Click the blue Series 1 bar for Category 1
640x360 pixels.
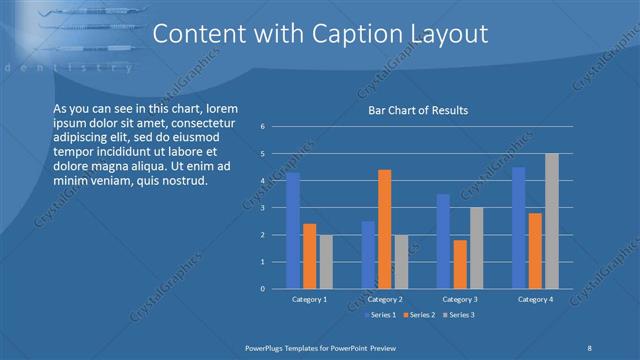tap(293, 231)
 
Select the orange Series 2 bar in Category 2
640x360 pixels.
tap(384, 229)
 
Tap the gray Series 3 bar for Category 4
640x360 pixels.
tap(551, 221)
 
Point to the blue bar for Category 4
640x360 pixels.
tap(519, 228)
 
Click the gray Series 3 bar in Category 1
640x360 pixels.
tap(325, 262)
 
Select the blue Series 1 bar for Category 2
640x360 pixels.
tap(368, 255)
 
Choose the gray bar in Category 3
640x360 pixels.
tap(476, 248)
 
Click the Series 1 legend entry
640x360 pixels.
tap(382, 315)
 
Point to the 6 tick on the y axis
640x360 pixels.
tap(262, 127)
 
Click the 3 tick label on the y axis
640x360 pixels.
tap(262, 208)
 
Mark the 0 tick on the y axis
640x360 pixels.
tap(262, 289)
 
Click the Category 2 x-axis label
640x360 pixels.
tap(384, 299)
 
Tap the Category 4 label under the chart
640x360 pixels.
tap(535, 299)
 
